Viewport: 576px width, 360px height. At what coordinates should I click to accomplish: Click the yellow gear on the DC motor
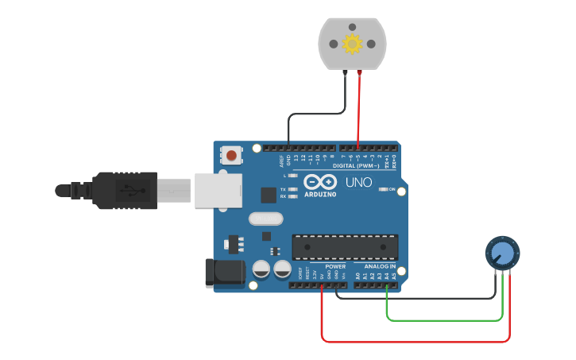point(352,44)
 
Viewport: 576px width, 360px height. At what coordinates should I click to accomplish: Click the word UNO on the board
point(358,183)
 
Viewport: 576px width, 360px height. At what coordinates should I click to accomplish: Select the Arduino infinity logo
point(319,181)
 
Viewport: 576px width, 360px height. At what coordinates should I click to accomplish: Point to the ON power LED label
point(392,189)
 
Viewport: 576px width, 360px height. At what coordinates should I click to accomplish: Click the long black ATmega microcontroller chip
point(345,247)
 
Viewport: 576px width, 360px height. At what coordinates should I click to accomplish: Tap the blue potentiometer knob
point(501,254)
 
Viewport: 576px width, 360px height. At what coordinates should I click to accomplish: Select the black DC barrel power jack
point(224,273)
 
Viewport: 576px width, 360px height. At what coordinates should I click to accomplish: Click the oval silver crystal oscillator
point(266,219)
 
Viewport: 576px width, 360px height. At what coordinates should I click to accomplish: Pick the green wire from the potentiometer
point(445,320)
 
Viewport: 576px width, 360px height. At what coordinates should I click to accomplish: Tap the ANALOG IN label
point(380,266)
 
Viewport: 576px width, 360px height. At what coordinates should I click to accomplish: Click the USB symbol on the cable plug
point(127,191)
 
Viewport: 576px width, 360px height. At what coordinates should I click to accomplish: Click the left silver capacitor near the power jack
point(261,269)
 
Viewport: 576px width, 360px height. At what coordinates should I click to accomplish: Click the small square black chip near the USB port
point(268,194)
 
